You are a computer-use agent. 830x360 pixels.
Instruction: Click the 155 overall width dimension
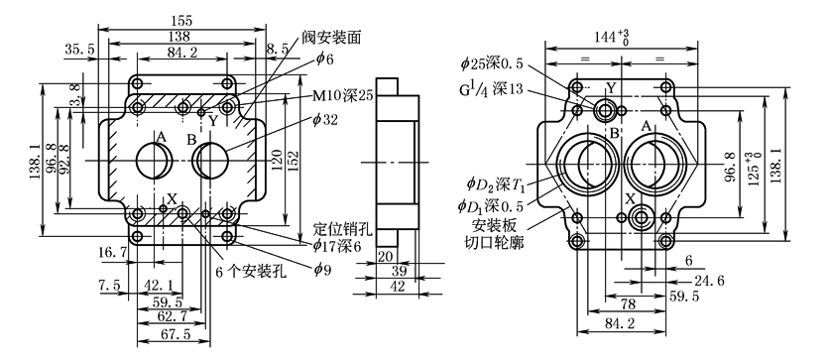pyautogui.click(x=181, y=21)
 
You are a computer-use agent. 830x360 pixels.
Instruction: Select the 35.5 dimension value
pyautogui.click(x=80, y=50)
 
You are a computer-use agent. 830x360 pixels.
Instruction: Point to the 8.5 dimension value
pyautogui.click(x=278, y=50)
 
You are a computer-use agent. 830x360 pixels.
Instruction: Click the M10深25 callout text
pyautogui.click(x=343, y=96)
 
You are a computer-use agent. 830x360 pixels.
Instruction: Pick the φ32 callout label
pyautogui.click(x=325, y=120)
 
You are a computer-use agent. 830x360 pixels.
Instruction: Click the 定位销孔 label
pyautogui.click(x=343, y=229)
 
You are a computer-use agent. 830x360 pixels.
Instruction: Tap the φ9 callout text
pyautogui.click(x=321, y=270)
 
